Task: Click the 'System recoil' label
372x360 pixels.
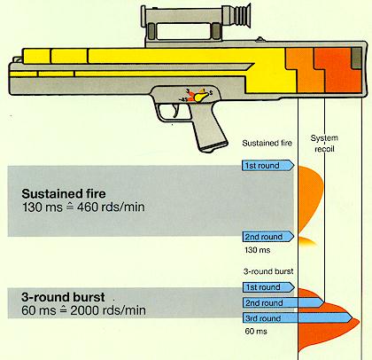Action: [329, 143]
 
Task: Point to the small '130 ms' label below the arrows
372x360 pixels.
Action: [255, 252]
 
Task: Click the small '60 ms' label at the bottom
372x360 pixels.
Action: [253, 333]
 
